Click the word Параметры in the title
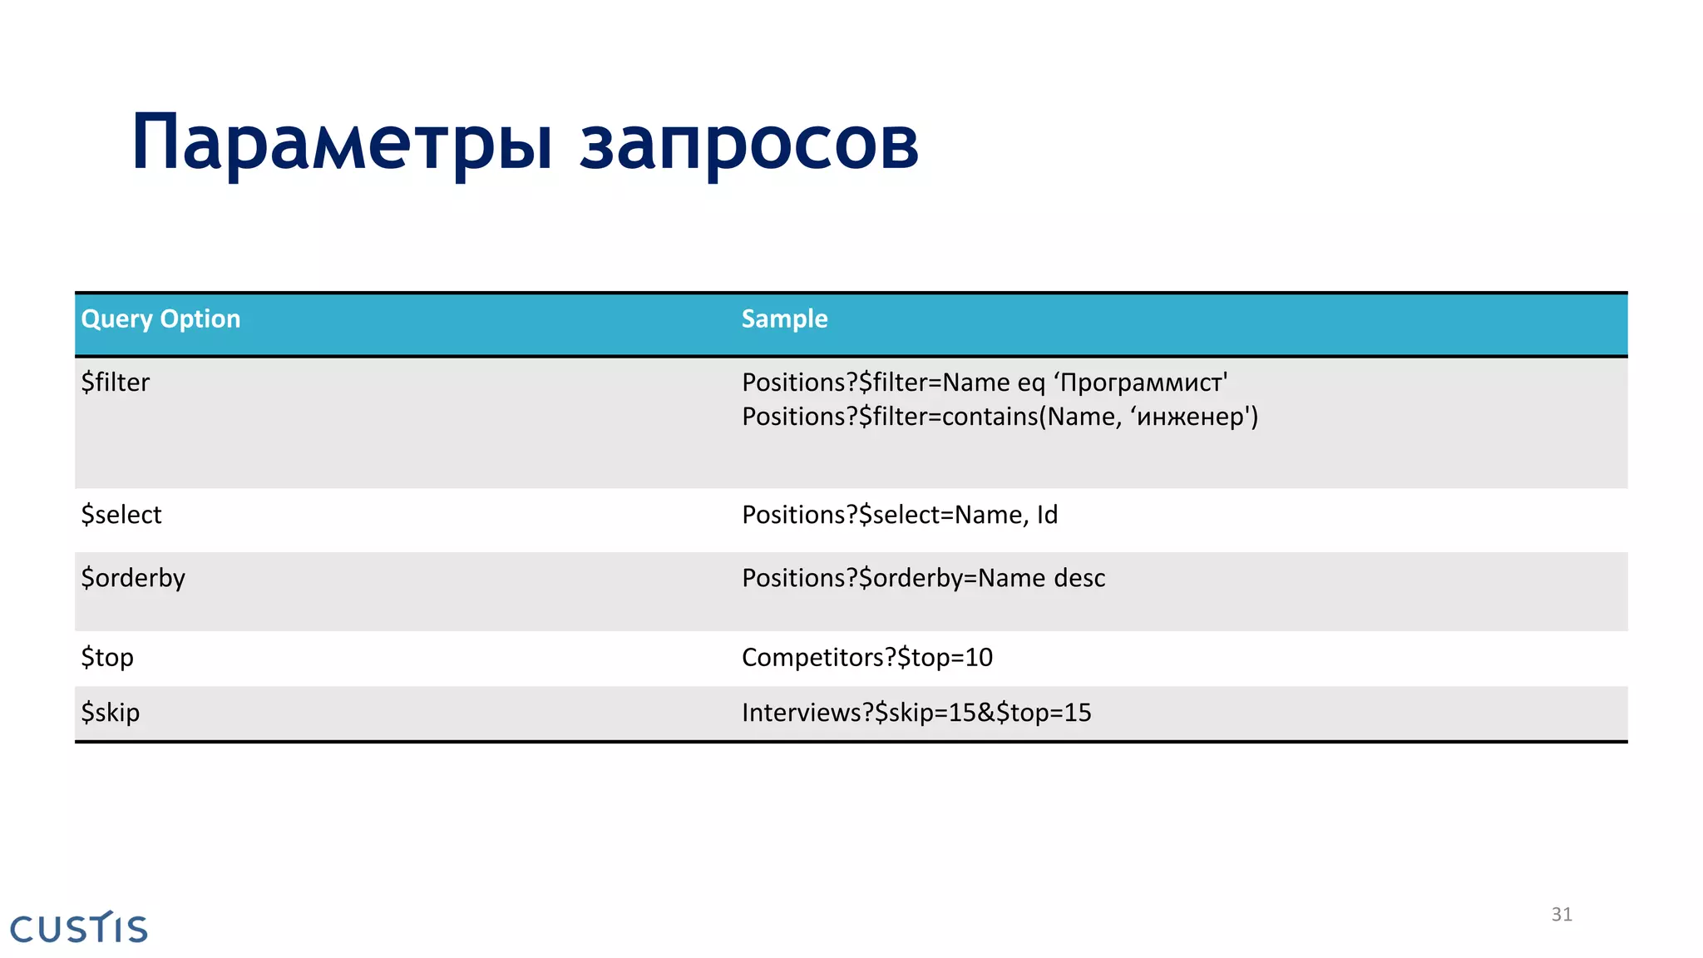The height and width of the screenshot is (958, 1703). click(x=342, y=143)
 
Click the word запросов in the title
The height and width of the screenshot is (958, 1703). click(x=748, y=143)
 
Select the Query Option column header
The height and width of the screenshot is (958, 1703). click(x=160, y=319)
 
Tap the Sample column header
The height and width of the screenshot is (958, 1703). click(x=784, y=319)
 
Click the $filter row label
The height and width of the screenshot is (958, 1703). click(x=116, y=383)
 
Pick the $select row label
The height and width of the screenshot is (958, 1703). click(x=121, y=515)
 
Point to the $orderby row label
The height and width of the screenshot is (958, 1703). click(x=133, y=578)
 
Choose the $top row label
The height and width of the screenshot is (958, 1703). click(x=107, y=658)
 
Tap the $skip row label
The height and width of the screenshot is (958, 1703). click(x=111, y=713)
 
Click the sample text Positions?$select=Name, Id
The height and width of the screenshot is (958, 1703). click(x=900, y=515)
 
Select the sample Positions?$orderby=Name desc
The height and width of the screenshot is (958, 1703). click(x=923, y=578)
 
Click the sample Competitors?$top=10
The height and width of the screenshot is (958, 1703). click(x=866, y=658)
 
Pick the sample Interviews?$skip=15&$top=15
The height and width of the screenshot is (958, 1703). click(x=916, y=713)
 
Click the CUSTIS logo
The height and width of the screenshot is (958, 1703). click(x=79, y=928)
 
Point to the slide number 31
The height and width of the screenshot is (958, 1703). click(x=1562, y=915)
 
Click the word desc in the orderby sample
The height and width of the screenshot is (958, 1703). click(x=1079, y=578)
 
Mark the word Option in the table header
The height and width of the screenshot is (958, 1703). click(x=200, y=319)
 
